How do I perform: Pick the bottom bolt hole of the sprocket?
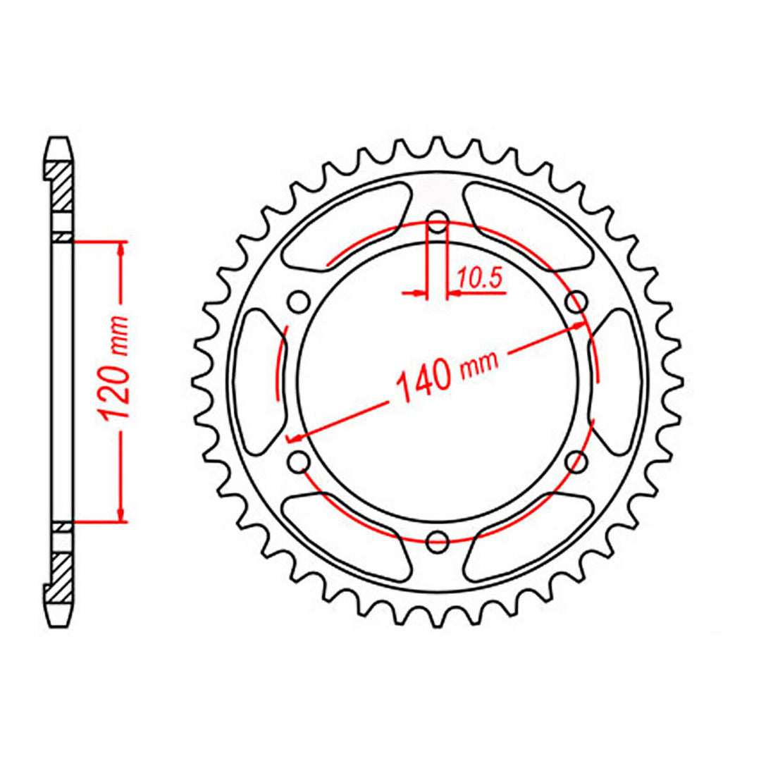click(x=438, y=542)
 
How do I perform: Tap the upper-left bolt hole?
click(x=298, y=302)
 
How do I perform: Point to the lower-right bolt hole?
click(x=577, y=461)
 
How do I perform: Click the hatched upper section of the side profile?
click(x=61, y=187)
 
